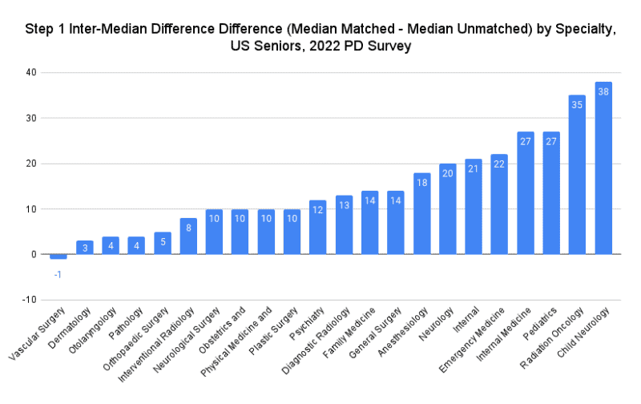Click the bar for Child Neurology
pyautogui.click(x=603, y=168)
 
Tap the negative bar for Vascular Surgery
pyautogui.click(x=58, y=257)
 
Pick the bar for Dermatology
pyautogui.click(x=84, y=247)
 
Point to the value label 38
pyautogui.click(x=603, y=91)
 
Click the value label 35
pyautogui.click(x=578, y=105)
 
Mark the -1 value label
pyautogui.click(x=58, y=274)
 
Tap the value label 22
pyautogui.click(x=499, y=164)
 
